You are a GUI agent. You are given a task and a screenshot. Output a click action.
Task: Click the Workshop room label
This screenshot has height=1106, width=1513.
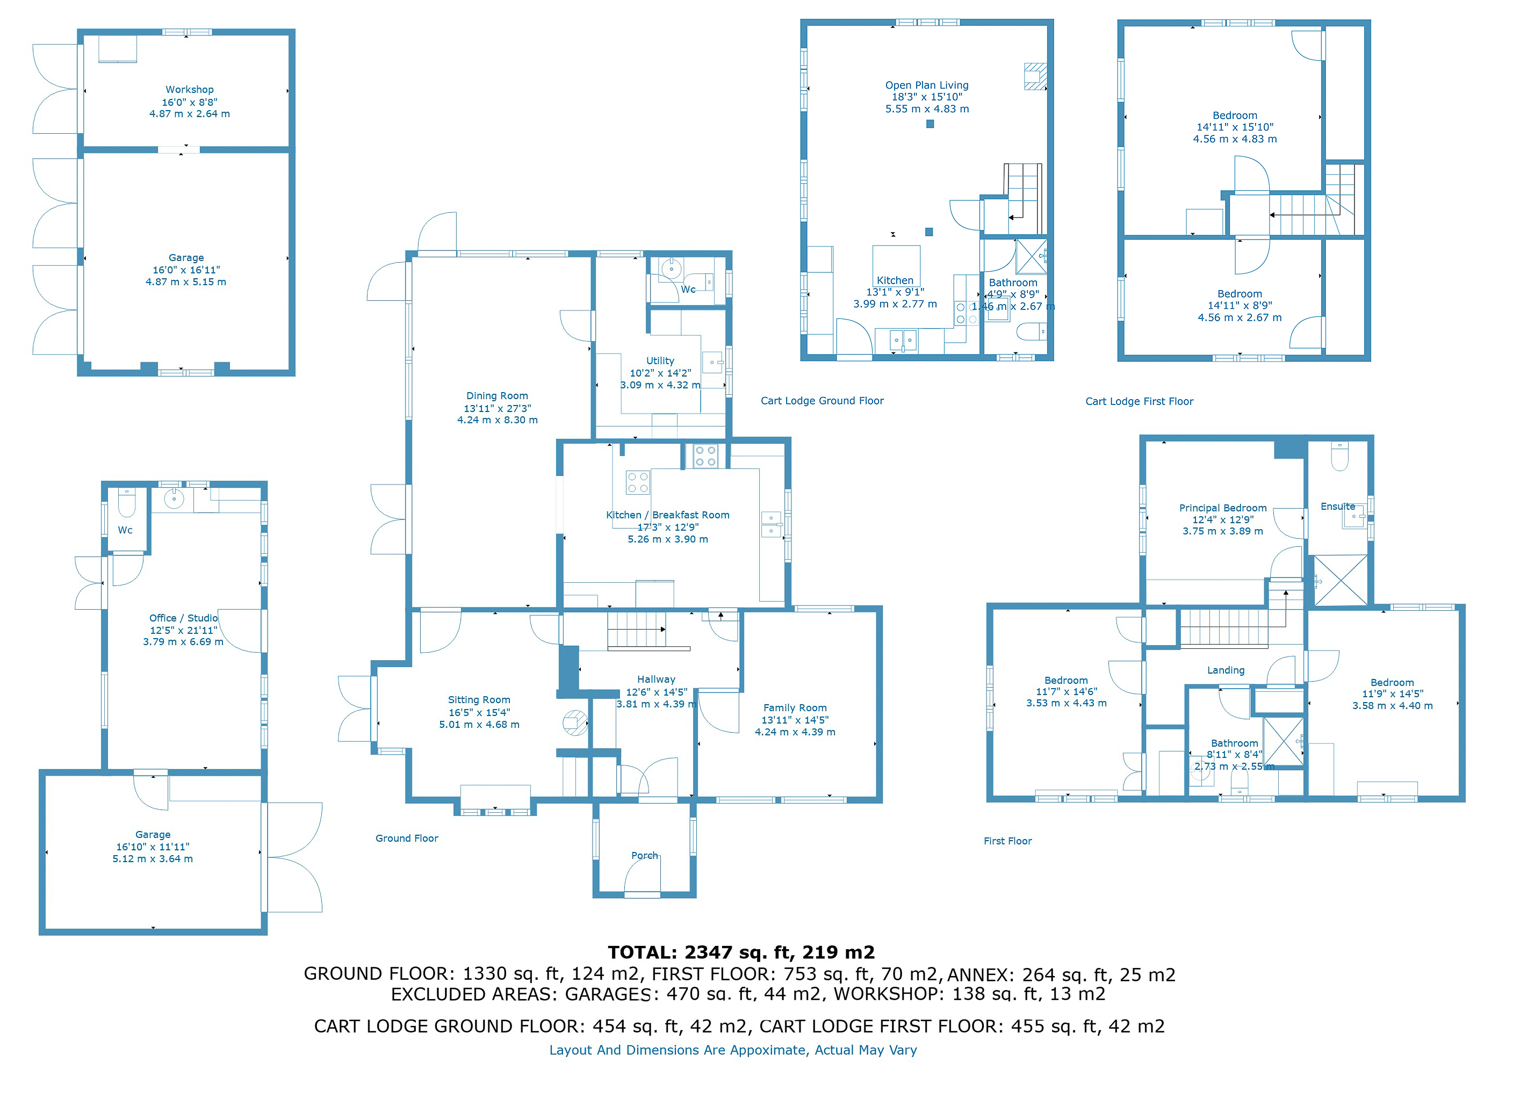pos(190,90)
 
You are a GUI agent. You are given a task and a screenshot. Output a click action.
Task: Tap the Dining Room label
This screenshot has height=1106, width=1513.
pos(497,396)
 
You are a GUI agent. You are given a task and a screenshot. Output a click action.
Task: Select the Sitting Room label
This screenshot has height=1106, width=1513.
pos(479,699)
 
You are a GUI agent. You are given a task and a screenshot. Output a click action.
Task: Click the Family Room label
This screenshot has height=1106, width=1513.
pos(795,707)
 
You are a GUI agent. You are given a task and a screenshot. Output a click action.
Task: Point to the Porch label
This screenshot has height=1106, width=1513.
pos(644,856)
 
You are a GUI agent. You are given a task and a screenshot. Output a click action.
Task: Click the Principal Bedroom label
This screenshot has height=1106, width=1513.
pos(1222,508)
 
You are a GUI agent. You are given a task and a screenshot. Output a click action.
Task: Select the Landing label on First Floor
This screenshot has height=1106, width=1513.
pos(1225,670)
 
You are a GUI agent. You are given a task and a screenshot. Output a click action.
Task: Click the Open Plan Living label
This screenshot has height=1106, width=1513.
pos(926,85)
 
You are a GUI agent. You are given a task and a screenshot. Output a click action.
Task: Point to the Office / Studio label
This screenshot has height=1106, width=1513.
pos(183,618)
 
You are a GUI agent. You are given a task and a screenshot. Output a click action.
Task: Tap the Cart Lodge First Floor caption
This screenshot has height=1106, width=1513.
pos(1139,402)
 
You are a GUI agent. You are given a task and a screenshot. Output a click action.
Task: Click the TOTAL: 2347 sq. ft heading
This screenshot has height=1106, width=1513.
pos(740,952)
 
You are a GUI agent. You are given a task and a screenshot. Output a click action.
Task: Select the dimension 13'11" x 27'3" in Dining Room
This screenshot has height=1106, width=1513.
pos(497,408)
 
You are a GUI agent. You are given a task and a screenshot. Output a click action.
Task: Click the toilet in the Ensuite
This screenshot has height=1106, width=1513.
pos(1339,457)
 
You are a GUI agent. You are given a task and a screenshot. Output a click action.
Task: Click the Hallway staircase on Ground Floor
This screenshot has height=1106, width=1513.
pos(636,630)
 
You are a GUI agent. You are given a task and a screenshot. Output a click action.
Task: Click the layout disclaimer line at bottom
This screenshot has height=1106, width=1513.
pos(732,1050)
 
